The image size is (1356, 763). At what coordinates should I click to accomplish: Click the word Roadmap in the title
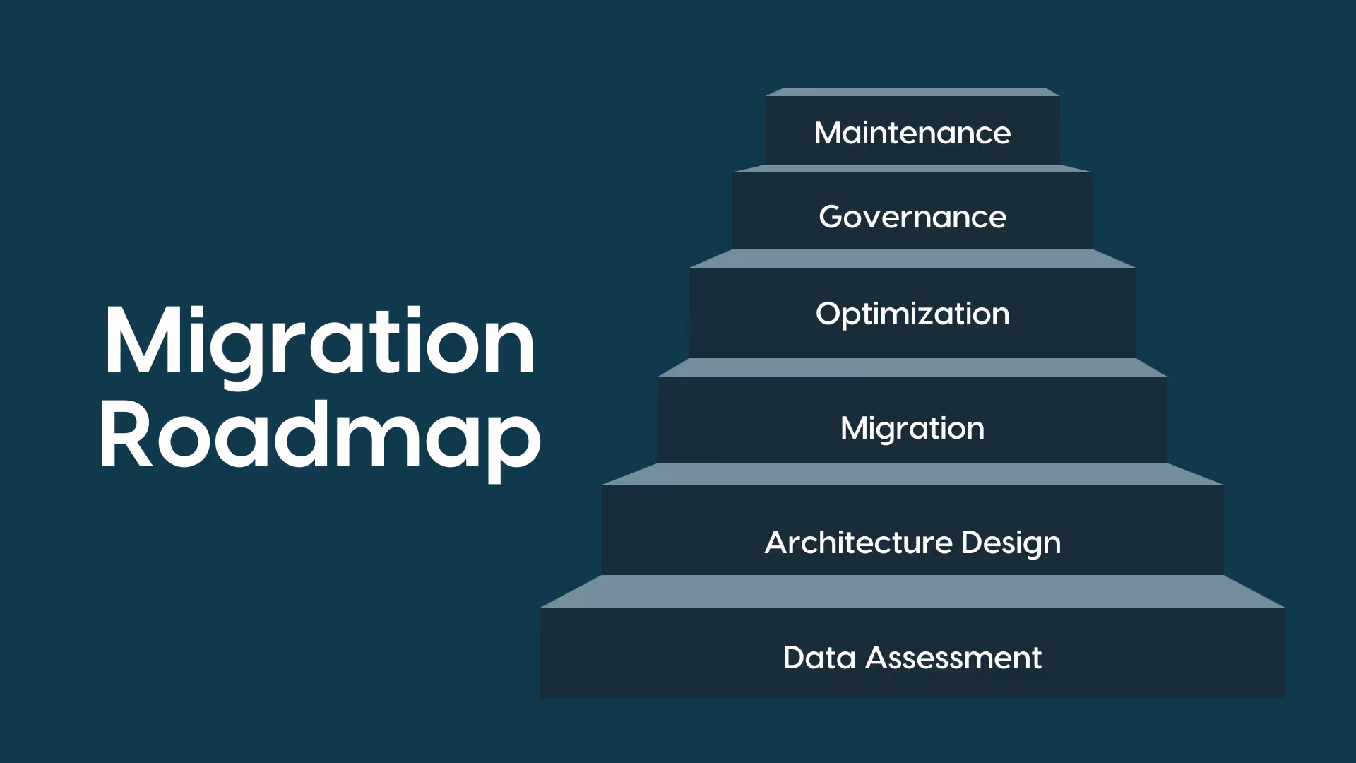point(319,434)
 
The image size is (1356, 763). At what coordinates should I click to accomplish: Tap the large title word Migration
point(319,343)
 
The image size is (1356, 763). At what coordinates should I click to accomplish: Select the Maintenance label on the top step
point(912,133)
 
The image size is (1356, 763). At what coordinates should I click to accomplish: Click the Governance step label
point(912,217)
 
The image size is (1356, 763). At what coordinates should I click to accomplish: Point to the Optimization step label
point(912,314)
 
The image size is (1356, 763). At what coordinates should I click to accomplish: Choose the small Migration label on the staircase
point(912,428)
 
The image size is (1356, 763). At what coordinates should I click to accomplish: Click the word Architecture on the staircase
point(858,543)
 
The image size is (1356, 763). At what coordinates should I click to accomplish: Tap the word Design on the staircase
point(1011,543)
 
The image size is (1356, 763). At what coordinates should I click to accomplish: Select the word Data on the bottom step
point(819,658)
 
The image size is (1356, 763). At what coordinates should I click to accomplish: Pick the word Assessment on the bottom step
point(953,658)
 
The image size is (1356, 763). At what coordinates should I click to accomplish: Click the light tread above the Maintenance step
point(912,92)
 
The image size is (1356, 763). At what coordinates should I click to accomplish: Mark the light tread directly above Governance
point(912,169)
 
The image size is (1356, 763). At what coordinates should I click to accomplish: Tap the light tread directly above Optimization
point(912,259)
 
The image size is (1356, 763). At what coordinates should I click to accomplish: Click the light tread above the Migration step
point(912,367)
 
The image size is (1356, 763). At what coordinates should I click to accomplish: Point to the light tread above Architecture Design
point(912,474)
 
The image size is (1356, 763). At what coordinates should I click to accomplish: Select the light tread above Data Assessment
point(912,591)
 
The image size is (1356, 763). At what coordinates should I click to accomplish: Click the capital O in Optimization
point(830,314)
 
